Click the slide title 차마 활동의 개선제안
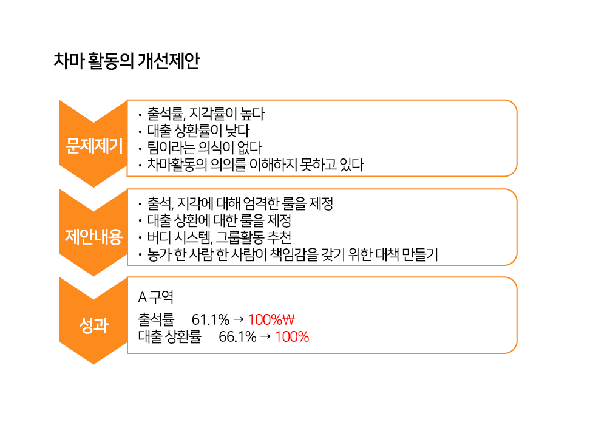127,61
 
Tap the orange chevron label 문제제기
94,146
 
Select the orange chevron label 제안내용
93,236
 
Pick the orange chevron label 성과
93,325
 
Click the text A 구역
155,297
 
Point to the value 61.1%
211,320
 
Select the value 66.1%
237,337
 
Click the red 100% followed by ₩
265,320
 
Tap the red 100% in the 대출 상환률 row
292,337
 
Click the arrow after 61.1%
239,319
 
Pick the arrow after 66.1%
265,336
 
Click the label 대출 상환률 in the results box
169,337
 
